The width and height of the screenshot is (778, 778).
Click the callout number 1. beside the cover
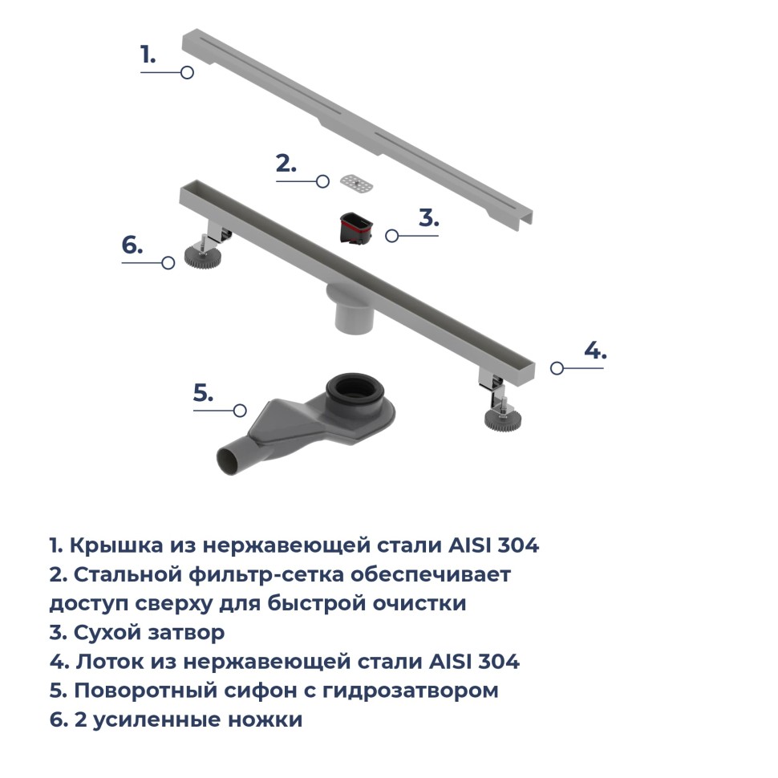click(148, 55)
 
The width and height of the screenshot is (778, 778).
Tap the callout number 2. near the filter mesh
click(286, 164)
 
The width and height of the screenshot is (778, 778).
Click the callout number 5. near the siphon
click(204, 392)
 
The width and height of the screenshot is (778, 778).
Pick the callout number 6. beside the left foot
click(132, 245)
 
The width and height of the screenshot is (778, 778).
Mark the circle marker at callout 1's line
click(187, 72)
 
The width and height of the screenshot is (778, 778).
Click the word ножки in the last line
click(265, 719)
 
